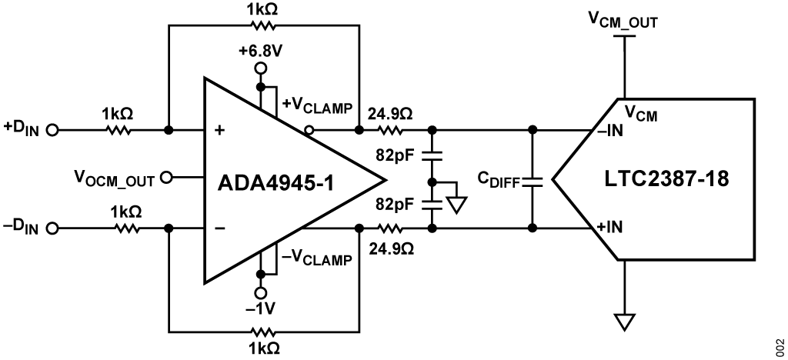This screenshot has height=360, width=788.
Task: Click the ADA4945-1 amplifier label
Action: coord(276,182)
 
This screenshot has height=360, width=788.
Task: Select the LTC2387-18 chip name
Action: coord(666,178)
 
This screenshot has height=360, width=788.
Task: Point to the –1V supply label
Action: coord(261,309)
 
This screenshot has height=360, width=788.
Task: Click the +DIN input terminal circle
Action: coord(52,131)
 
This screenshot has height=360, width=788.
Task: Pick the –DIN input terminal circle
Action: coord(52,229)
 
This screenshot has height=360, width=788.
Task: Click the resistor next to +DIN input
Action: coord(119,131)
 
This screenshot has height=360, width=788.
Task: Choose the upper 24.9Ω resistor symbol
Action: coord(390,131)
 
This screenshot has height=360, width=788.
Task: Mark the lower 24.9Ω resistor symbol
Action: coord(390,229)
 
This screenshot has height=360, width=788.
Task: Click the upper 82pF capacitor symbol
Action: coord(431,156)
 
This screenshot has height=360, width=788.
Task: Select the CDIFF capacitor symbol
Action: coord(533,181)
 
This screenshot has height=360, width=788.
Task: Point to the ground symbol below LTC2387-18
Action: coord(625,322)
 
